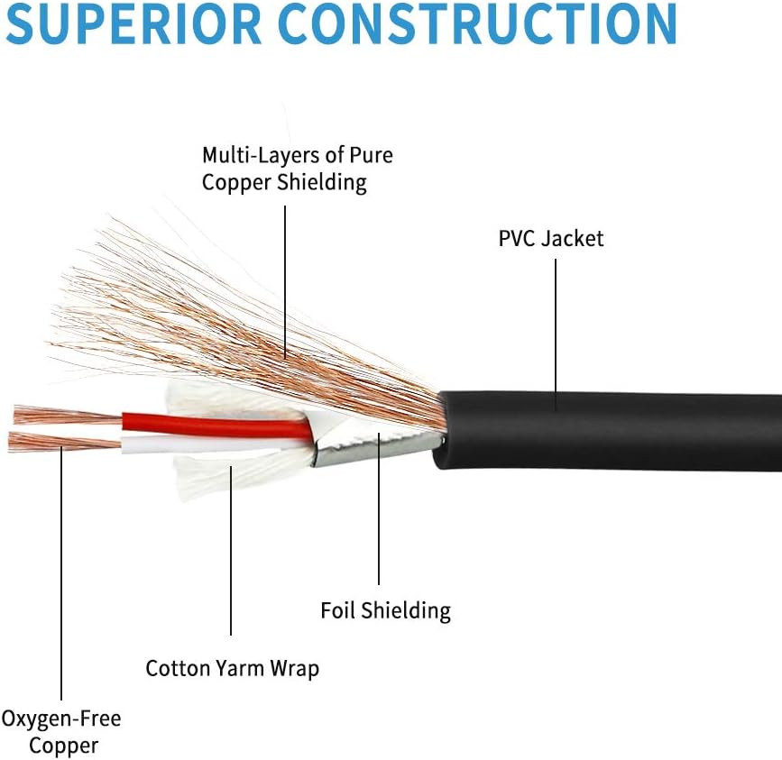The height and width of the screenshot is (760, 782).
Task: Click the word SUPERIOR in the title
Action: [133, 23]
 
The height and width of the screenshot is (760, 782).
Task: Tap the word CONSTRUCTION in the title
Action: [477, 23]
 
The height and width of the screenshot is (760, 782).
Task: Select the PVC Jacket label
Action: [550, 239]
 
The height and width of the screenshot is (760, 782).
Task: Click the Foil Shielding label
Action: [385, 611]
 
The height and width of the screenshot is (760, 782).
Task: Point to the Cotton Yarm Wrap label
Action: [233, 668]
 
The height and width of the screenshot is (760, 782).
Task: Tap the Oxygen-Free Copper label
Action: [61, 732]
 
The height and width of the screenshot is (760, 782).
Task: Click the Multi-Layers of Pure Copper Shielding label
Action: [298, 169]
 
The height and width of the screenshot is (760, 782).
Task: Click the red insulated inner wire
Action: [217, 426]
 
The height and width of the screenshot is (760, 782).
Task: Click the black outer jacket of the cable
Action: [609, 432]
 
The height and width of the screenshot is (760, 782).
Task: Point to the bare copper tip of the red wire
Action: [68, 415]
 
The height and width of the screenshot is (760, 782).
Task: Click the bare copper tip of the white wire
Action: [65, 442]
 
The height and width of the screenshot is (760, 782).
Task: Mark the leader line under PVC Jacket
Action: [556, 334]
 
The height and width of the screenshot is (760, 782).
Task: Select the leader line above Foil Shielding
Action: [379, 508]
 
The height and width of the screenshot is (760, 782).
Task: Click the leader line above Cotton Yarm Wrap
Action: [231, 551]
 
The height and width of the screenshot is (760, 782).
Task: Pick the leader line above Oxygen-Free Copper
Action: [61, 573]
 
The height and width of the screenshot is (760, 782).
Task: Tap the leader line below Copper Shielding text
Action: [285, 282]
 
